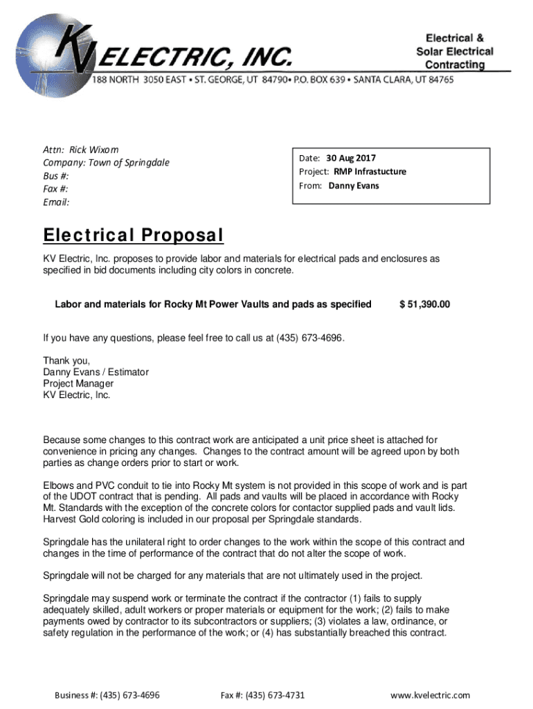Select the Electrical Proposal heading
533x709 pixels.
pyautogui.click(x=133, y=236)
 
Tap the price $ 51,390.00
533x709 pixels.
pyautogui.click(x=424, y=304)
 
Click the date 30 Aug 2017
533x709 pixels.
pyautogui.click(x=351, y=158)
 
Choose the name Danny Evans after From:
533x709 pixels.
pyautogui.click(x=354, y=186)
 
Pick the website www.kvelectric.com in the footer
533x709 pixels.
pyautogui.click(x=430, y=695)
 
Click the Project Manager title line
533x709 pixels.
pyautogui.click(x=78, y=384)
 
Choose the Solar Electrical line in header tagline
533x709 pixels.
pyautogui.click(x=455, y=51)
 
